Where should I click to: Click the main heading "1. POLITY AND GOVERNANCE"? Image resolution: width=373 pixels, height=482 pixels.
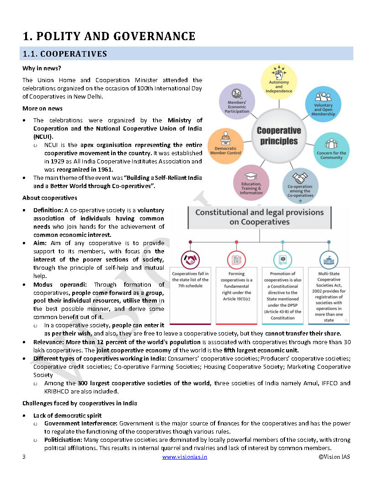tap(109, 36)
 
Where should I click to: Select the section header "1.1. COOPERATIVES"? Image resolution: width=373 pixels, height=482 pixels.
tap(64, 54)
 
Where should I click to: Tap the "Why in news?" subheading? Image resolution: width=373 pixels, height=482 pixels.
tap(42, 68)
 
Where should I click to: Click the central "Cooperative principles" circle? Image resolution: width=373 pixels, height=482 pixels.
tap(279, 136)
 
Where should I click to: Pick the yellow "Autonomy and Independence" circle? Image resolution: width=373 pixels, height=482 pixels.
tap(279, 82)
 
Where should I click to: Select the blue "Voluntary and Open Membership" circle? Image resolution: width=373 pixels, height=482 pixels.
tap(323, 105)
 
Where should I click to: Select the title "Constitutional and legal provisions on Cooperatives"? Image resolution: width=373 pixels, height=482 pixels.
tap(260, 217)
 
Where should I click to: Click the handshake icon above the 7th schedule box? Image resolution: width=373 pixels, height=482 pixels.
tap(190, 258)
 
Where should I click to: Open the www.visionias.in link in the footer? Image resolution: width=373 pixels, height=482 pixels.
tap(184, 457)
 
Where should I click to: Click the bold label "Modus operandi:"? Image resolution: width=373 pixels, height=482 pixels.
tap(55, 284)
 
